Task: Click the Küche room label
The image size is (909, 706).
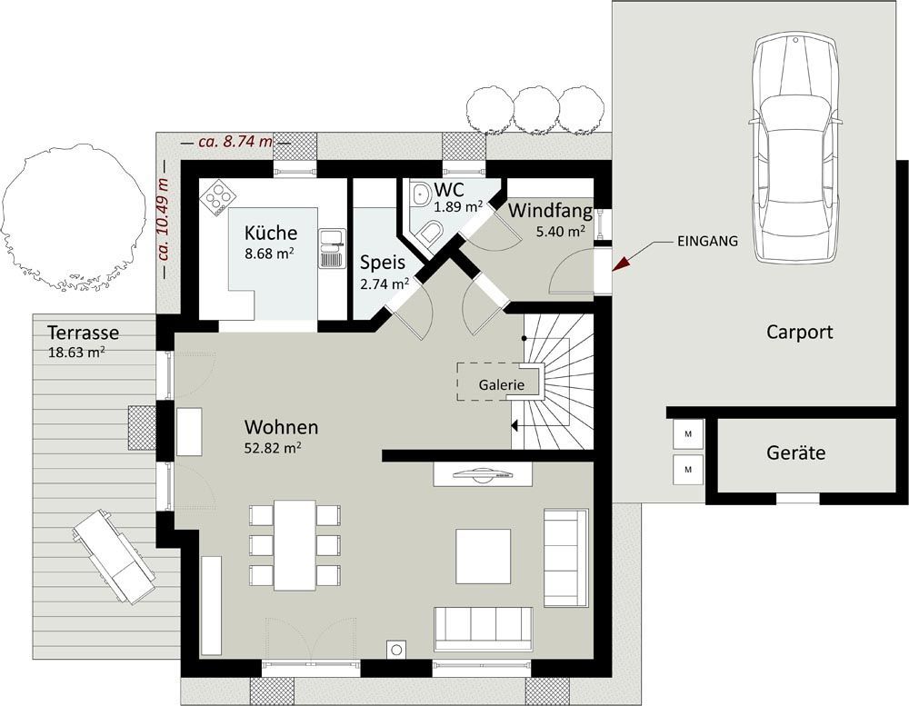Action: click(271, 233)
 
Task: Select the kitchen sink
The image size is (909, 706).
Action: click(332, 248)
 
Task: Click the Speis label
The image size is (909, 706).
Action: click(383, 263)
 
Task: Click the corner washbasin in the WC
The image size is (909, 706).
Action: click(419, 194)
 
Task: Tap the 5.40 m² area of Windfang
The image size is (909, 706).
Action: click(560, 232)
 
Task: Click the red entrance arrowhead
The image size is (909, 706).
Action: click(620, 264)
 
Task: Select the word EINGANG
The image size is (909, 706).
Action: click(707, 241)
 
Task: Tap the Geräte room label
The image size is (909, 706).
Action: click(796, 452)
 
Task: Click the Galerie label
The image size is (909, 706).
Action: click(502, 385)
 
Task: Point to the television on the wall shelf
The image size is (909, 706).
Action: click(483, 473)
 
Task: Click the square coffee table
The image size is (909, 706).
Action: click(483, 556)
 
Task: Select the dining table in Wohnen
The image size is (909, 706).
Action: click(295, 545)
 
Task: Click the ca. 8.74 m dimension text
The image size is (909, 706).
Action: click(235, 141)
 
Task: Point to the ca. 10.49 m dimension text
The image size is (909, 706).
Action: click(163, 218)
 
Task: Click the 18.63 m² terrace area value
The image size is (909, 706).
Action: click(76, 353)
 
